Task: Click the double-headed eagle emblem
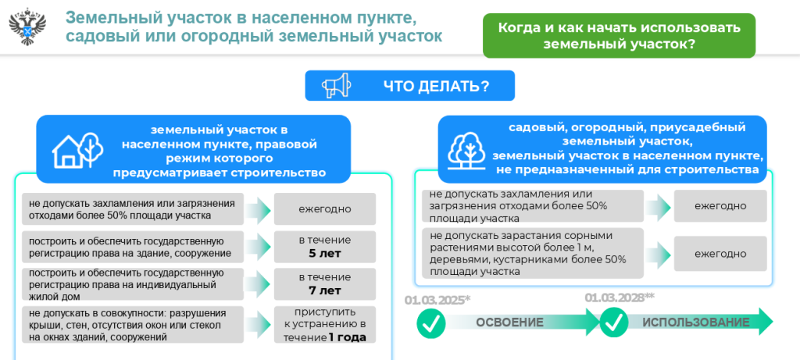coord(28,26)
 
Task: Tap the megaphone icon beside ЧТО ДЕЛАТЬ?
coord(336,85)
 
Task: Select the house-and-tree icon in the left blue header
coord(77,151)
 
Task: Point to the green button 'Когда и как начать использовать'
coord(619,35)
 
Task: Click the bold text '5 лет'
coord(324,254)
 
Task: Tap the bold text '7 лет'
coord(324,290)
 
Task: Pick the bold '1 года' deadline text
coord(347,337)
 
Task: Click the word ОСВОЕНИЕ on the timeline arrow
coord(509,323)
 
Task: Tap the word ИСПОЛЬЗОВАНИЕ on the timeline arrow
coord(696,323)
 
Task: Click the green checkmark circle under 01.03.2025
coord(431,323)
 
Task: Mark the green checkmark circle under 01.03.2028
coord(614,323)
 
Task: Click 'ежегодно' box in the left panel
coord(324,209)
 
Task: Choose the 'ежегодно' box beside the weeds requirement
coord(720,254)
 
